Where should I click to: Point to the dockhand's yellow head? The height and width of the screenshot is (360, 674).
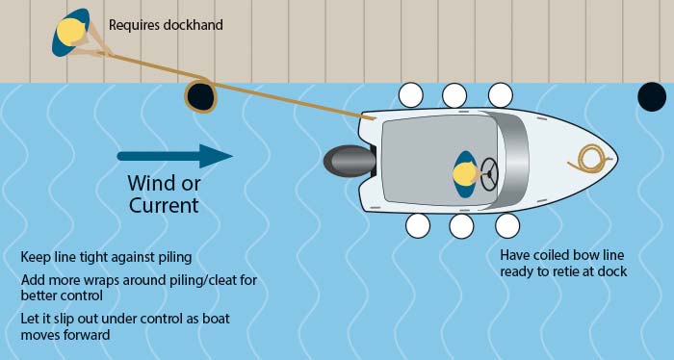[70, 31]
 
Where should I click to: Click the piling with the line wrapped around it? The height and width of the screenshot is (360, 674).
[199, 95]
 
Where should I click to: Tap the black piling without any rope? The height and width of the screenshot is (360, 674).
[652, 95]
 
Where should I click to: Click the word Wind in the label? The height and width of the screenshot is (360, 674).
[153, 184]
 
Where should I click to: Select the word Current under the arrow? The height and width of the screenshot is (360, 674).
[164, 205]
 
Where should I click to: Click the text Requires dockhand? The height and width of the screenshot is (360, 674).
[166, 24]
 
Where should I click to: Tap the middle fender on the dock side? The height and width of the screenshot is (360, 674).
[455, 94]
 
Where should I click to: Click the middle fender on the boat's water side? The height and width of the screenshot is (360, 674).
[461, 226]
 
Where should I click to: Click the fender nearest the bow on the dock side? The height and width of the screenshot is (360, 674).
[500, 94]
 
